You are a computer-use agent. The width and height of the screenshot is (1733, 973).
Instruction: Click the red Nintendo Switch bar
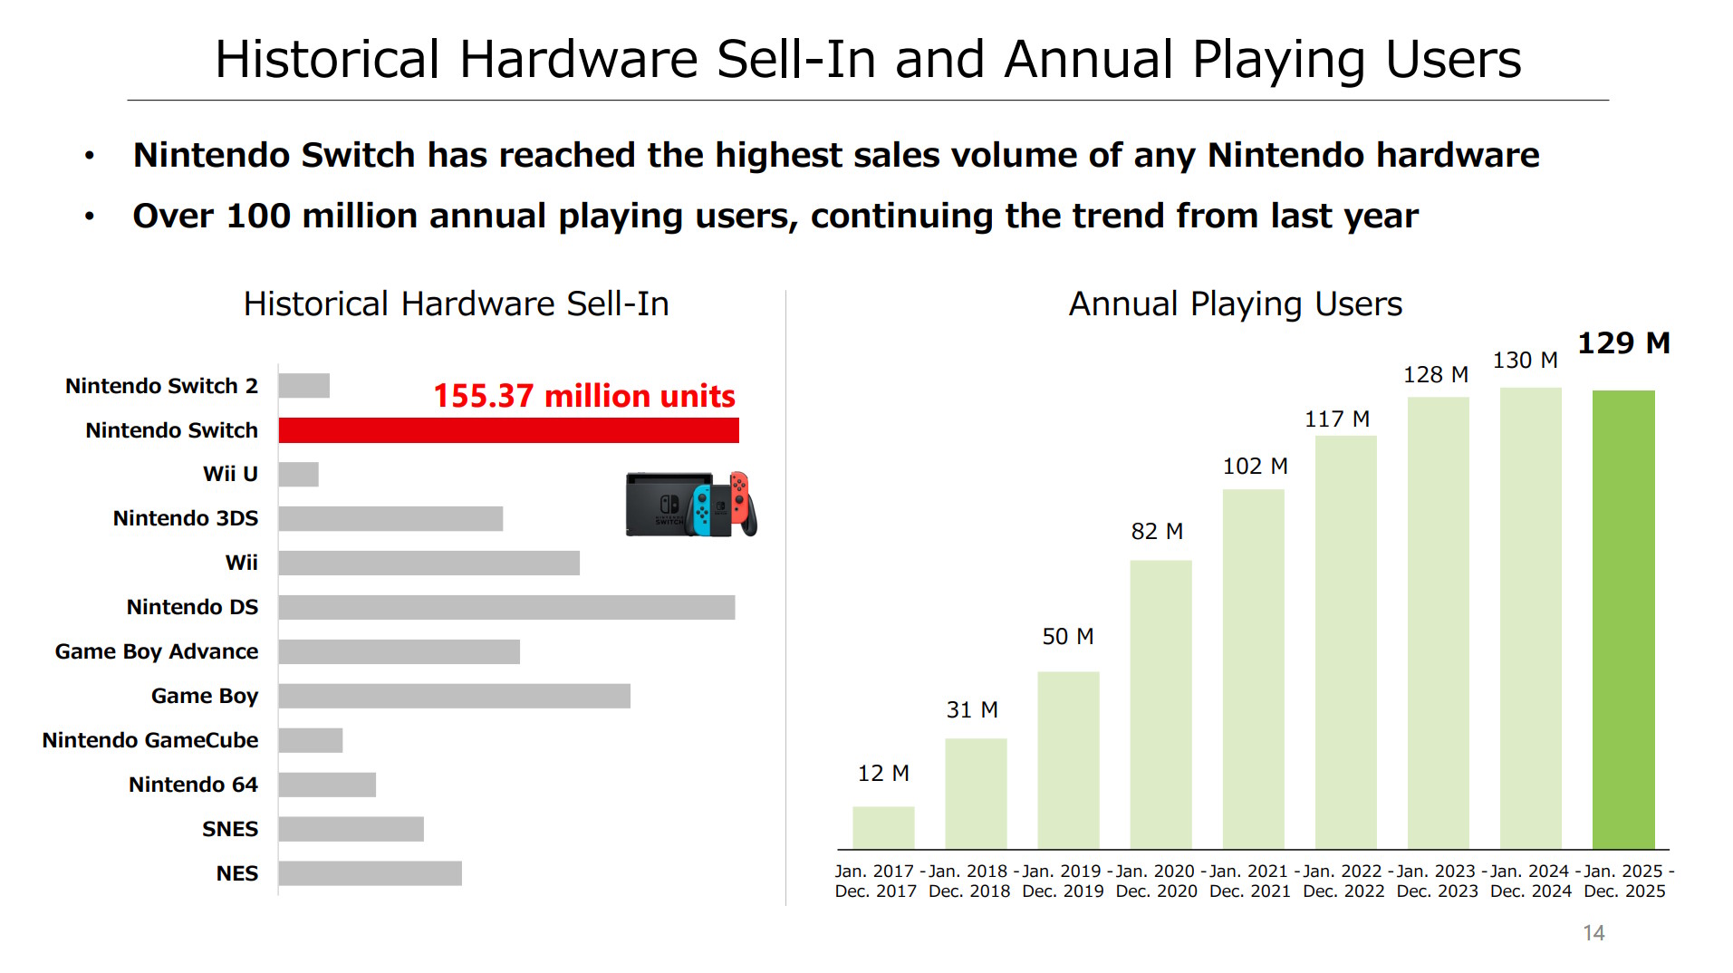coord(508,430)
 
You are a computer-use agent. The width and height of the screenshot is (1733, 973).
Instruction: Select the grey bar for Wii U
coord(299,474)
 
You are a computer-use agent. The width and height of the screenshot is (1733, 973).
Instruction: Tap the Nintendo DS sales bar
coord(506,607)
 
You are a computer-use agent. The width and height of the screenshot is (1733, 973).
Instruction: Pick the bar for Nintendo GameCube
coord(311,740)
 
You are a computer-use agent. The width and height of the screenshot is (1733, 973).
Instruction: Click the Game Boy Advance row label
coord(157,651)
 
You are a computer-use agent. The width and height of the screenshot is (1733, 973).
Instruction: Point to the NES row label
coord(237,873)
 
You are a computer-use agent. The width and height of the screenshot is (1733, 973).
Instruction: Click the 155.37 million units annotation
coord(584,396)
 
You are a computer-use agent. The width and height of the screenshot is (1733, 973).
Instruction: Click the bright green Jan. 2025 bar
coord(1623,620)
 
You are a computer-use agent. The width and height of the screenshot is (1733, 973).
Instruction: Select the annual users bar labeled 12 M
coord(883,828)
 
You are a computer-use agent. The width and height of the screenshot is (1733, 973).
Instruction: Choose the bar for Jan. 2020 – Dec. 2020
coord(1160,705)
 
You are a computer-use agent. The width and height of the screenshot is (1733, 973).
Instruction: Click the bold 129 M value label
coord(1623,343)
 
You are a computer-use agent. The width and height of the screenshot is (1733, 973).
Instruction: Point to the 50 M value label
coord(1068,637)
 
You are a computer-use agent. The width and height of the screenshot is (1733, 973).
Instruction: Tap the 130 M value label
coord(1526,361)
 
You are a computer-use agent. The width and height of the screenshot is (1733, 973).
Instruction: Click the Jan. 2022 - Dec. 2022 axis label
coord(1343,881)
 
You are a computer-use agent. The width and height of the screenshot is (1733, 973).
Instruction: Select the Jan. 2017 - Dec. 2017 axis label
coord(876,881)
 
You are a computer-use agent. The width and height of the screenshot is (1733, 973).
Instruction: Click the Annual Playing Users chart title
coord(1236,304)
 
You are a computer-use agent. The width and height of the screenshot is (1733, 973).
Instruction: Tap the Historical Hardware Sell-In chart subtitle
coord(457,304)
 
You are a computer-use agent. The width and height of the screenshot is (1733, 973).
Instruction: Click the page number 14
coord(1593,933)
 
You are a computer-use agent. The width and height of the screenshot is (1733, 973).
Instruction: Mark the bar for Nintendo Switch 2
coord(304,386)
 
